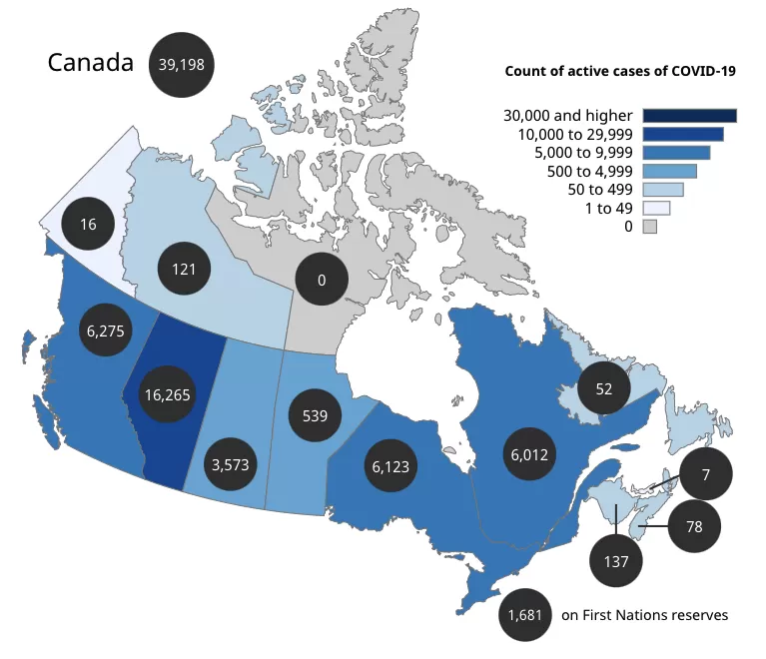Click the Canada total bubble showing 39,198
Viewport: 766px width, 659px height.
coord(181,65)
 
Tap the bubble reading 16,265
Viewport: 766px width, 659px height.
coord(167,394)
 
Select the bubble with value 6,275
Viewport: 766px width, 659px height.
coord(106,330)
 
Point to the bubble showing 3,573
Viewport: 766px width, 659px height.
coord(230,464)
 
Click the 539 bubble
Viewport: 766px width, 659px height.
coord(315,415)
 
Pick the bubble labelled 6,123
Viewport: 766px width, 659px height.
coord(390,466)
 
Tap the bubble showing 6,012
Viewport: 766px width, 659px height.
coord(529,454)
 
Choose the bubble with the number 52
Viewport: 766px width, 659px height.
coord(604,388)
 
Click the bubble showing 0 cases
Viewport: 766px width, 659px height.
coord(322,280)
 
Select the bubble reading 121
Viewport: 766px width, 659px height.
coord(184,269)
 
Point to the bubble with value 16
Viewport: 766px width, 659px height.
coord(88,225)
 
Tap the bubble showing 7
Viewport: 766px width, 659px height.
coord(705,474)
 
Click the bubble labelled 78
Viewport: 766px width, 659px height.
coord(694,526)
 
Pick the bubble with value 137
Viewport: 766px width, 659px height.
coord(616,561)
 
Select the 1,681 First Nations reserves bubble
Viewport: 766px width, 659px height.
coord(525,615)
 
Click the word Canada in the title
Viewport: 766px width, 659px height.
coord(90,63)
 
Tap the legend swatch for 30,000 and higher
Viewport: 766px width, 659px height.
coord(690,116)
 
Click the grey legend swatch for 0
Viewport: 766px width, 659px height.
coord(650,227)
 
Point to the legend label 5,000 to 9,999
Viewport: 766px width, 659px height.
coord(583,153)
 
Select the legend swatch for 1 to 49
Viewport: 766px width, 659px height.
coord(656,208)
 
